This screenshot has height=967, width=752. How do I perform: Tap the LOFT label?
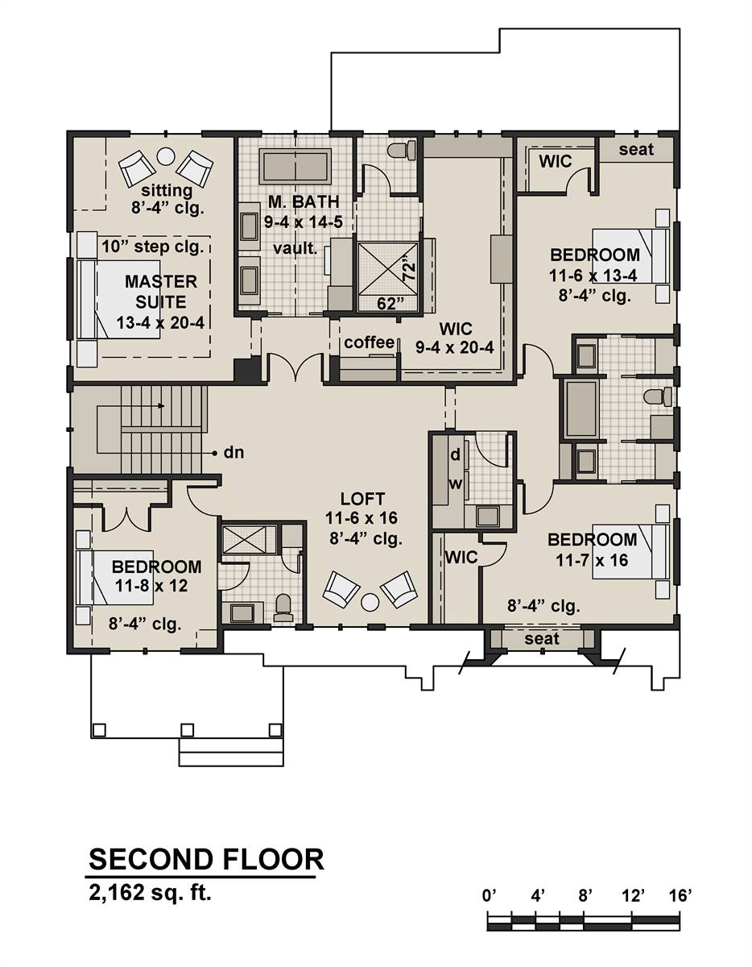[x=362, y=498]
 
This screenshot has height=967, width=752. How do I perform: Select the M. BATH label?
[x=304, y=201]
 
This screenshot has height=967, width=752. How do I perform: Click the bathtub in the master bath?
[x=295, y=167]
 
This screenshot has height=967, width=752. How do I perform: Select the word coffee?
[x=370, y=342]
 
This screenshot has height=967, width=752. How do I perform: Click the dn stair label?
[x=233, y=453]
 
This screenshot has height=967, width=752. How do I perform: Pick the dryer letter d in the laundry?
[x=455, y=454]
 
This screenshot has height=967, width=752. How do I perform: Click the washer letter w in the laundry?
[x=455, y=484]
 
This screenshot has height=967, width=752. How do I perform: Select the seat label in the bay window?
[x=541, y=639]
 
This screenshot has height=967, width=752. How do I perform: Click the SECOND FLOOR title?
[x=206, y=859]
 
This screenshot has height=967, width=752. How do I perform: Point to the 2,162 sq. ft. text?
[x=150, y=893]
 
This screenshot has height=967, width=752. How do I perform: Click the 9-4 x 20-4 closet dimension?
[x=455, y=347]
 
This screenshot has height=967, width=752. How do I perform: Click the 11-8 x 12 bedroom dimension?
[x=151, y=586]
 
